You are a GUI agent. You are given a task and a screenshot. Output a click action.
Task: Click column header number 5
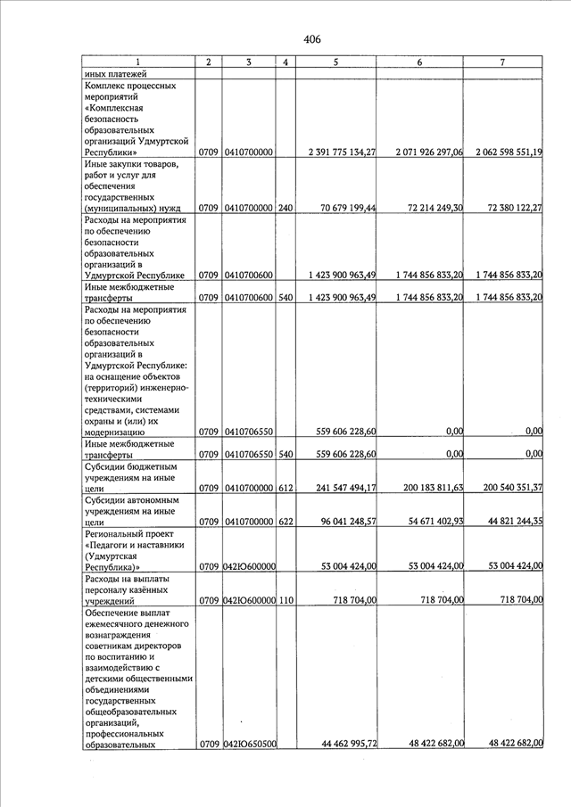(335, 62)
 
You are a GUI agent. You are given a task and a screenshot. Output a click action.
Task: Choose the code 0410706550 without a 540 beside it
(249, 431)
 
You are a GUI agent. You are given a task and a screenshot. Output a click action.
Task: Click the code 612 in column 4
(285, 488)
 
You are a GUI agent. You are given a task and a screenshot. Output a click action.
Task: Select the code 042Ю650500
(249, 742)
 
